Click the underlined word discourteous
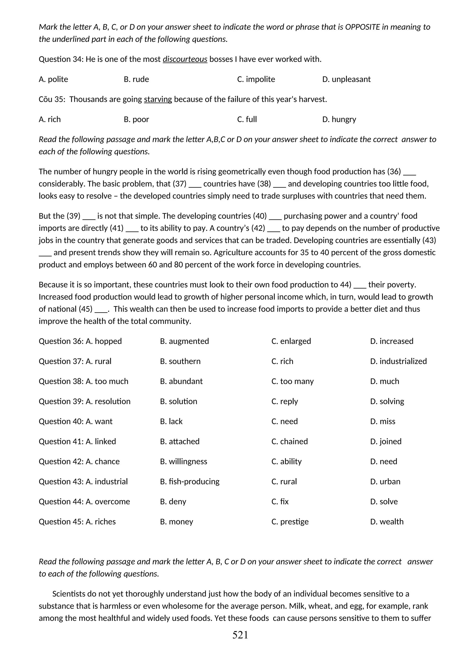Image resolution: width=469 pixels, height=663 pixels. point(185,59)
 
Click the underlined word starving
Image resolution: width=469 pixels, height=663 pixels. point(158,99)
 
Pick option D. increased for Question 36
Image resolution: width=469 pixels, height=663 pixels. point(392,341)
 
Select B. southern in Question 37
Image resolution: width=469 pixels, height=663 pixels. point(180,361)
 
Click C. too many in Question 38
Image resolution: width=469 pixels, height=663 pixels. point(292,381)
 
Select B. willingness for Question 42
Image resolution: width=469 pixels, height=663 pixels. point(183,462)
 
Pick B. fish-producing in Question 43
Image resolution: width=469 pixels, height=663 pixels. point(190,481)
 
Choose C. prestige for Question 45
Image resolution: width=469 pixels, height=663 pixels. point(290,522)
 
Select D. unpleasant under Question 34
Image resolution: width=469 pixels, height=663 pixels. point(346,79)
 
